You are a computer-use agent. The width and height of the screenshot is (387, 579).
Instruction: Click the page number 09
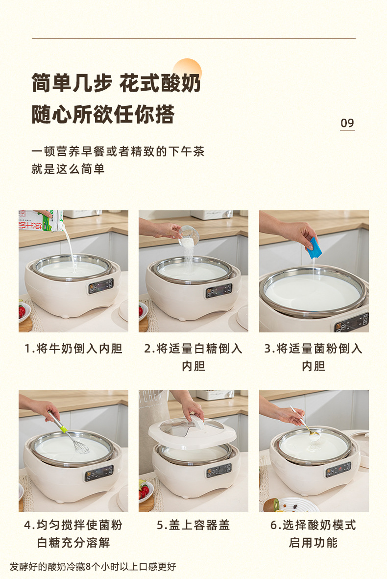347,123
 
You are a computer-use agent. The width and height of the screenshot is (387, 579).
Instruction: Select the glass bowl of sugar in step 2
189,236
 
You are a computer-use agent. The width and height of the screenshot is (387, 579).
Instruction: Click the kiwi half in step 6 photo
271,504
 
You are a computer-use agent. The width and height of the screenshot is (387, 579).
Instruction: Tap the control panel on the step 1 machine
100,286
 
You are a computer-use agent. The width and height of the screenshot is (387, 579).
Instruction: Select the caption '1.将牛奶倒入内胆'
73,348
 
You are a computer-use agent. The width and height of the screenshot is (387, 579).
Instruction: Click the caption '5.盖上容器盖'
193,525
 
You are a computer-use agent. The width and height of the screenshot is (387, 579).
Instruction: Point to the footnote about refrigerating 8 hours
93,566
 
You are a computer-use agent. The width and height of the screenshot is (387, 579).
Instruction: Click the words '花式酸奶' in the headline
160,83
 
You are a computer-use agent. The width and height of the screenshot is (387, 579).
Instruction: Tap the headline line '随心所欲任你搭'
103,114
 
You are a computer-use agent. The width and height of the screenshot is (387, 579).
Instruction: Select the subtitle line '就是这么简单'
68,169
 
